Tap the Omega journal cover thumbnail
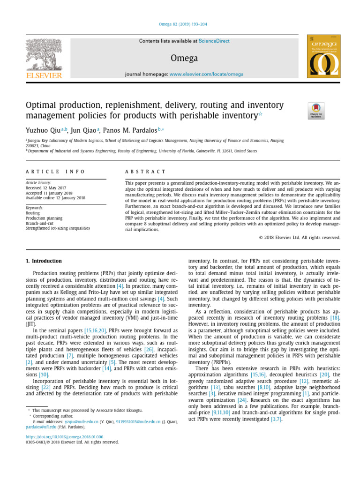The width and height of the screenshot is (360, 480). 323,56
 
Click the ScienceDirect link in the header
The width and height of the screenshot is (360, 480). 214,41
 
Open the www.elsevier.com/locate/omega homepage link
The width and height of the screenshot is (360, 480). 206,75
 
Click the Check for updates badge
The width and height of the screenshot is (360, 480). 316,111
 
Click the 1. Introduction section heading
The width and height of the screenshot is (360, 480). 44,261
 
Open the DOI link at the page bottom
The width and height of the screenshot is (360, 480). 64,436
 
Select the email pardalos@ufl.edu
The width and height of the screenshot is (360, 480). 41,427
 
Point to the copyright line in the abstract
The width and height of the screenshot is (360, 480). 300,238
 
